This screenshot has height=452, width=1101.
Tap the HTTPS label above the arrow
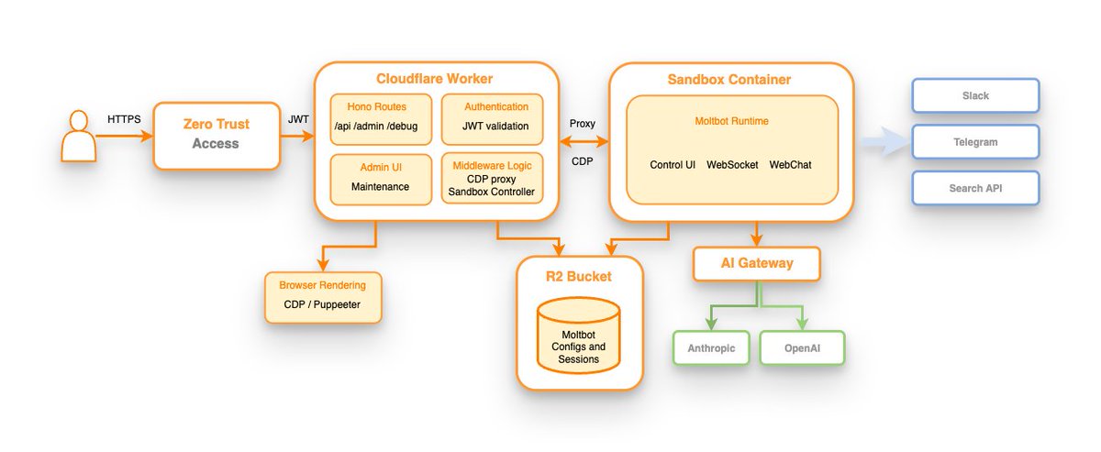124,120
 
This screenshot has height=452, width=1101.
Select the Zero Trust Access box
217,135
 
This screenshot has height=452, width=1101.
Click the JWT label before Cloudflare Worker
298,119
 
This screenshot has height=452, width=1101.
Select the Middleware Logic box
492,178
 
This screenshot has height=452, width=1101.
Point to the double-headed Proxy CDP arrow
584,141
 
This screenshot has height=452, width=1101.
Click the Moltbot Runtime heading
731,121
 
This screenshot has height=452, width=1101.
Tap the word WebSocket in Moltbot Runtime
733,165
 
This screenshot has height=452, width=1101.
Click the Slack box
974,95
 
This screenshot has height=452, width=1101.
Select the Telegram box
974,142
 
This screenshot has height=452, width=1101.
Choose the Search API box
974,188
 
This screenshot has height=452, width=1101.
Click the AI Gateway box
755,264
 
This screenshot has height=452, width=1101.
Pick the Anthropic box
712,348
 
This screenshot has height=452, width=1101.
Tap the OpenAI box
802,348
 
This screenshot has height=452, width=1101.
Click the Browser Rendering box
323,296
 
